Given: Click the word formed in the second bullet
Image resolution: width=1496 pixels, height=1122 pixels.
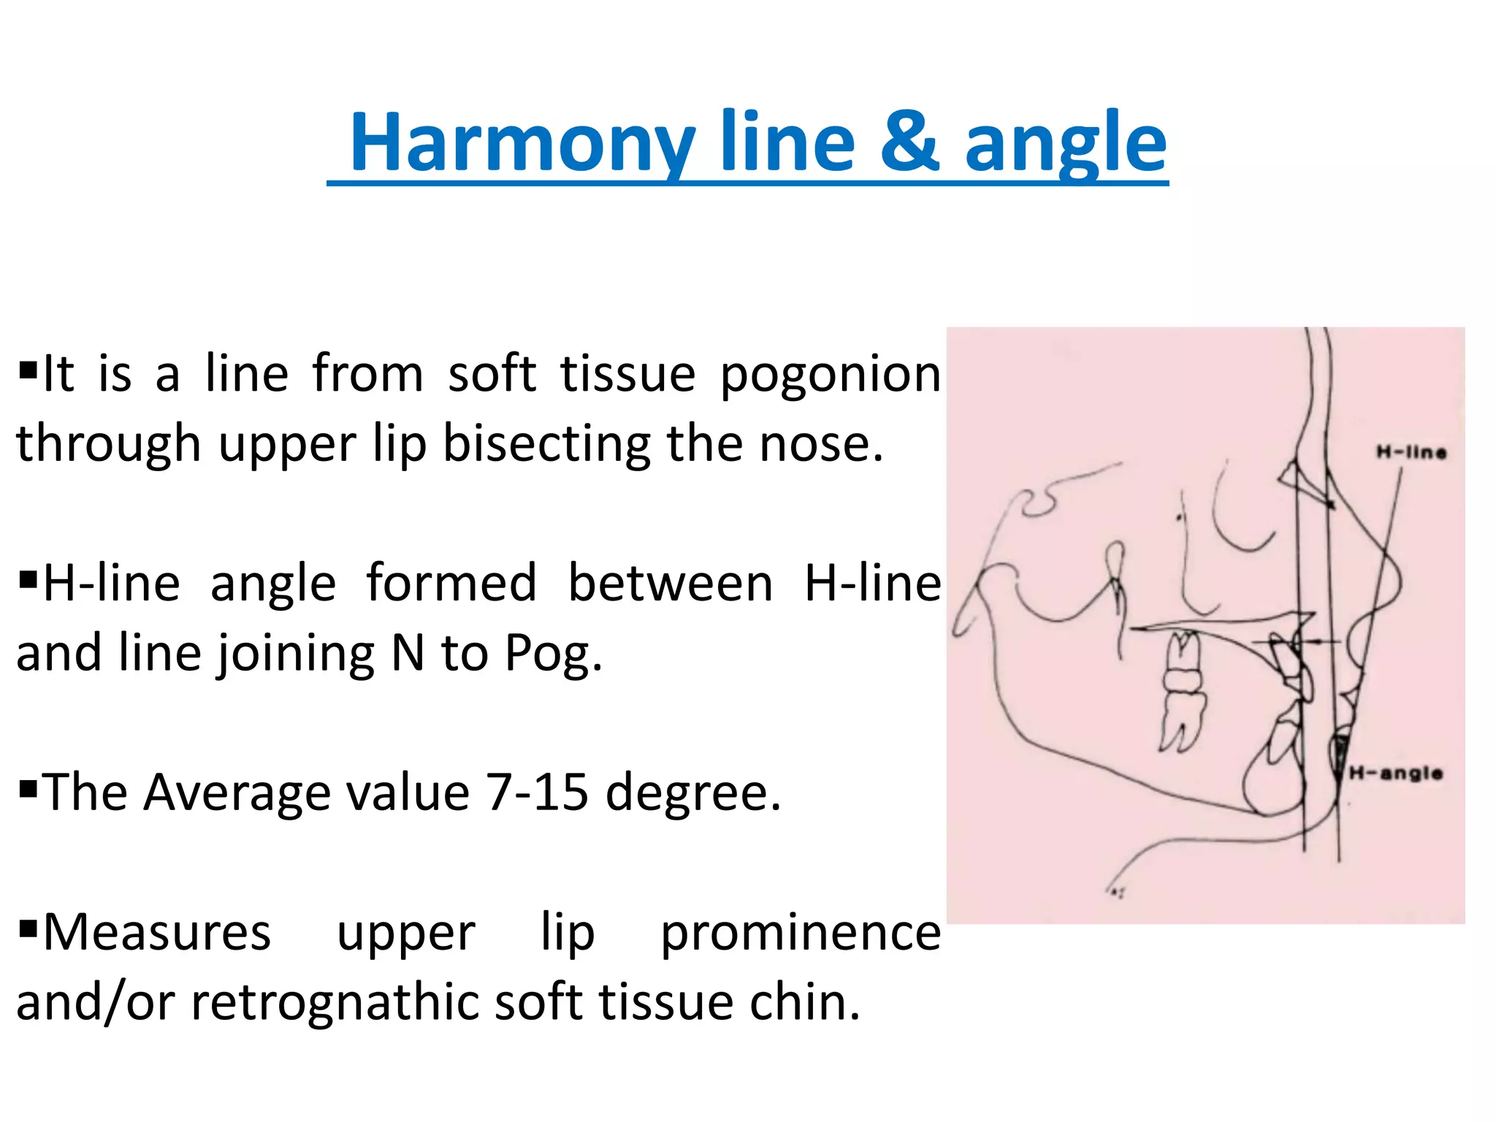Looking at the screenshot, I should pos(451,584).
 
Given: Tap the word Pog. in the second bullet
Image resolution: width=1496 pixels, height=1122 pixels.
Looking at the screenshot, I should pos(554,654).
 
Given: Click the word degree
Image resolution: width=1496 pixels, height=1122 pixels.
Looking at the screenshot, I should pos(693,795).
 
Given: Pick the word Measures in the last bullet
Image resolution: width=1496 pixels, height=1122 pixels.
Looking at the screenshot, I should pos(157,933).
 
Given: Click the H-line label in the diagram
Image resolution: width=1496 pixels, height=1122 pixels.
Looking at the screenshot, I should pos(1411,452).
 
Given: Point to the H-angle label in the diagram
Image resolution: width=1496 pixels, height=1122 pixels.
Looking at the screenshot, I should pos(1395,773).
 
